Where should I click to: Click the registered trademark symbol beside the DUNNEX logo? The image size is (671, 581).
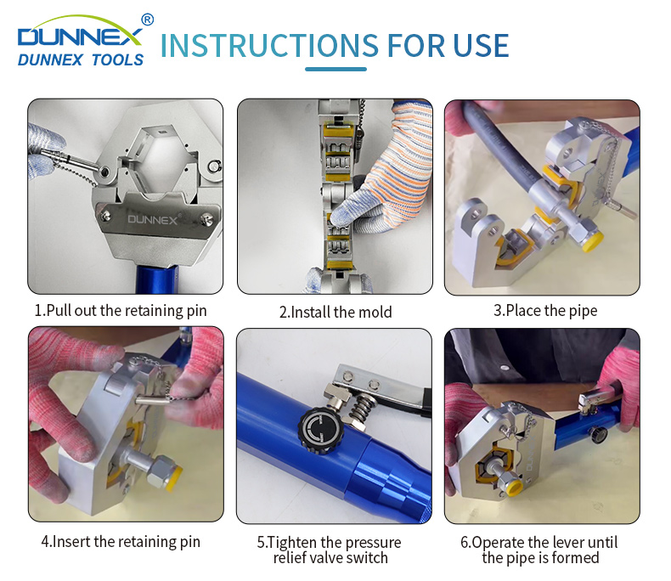point(147,20)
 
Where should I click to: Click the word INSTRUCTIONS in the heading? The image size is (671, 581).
point(269,46)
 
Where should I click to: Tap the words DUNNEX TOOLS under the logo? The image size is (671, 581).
point(81,60)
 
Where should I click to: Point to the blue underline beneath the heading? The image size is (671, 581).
point(336,70)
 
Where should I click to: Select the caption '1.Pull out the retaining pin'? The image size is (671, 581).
point(121,311)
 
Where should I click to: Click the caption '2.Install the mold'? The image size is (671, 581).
point(335,312)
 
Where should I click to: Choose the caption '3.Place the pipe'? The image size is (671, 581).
point(545,311)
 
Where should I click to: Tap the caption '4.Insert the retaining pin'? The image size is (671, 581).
point(121,542)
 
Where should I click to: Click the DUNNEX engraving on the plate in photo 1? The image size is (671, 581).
point(153,220)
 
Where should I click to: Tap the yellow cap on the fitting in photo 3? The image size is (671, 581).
point(592,241)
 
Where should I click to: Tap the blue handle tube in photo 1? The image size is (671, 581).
point(156,279)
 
